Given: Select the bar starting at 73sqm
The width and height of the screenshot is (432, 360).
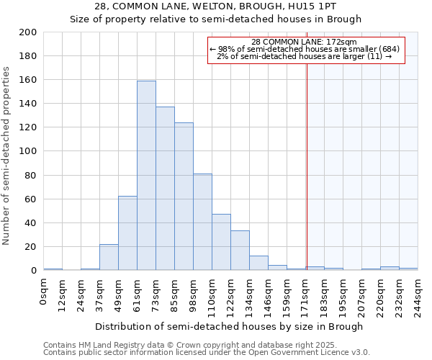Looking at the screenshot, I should tap(165, 189).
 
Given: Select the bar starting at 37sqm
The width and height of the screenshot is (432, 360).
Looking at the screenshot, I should tap(109, 257).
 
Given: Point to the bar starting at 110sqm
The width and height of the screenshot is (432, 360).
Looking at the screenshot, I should tap(221, 242).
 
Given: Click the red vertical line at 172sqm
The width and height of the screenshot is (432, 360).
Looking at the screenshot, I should tap(307, 166).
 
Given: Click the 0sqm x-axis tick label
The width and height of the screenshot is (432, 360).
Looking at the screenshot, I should tap(44, 292).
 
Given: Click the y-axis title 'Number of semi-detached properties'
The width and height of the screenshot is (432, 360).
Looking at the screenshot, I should tap(7, 156).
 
